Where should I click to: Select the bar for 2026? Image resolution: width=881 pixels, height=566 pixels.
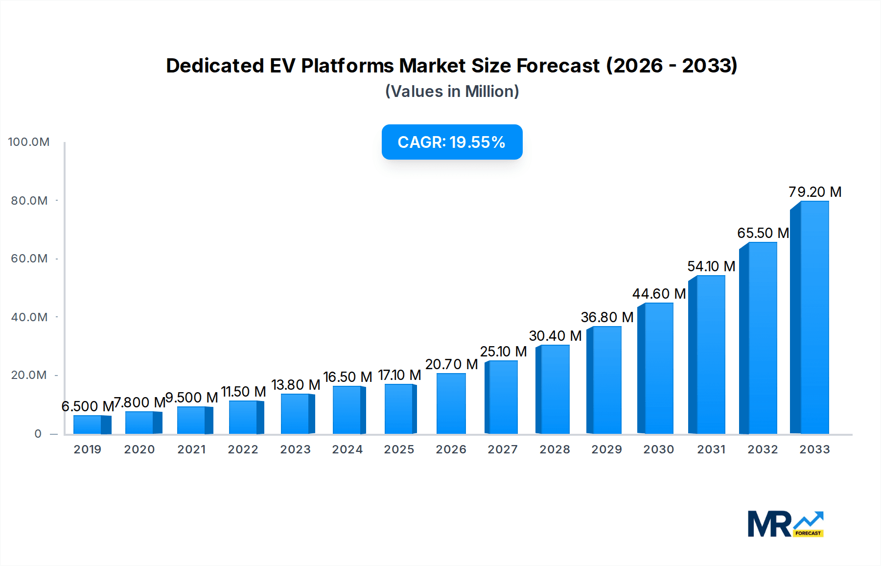click(x=451, y=403)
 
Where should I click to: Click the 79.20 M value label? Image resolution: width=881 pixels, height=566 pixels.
click(x=814, y=192)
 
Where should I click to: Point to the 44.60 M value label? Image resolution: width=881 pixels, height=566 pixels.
click(x=659, y=294)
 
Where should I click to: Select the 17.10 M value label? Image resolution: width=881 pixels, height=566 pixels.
click(x=399, y=375)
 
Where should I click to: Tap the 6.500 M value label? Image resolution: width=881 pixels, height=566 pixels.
click(x=87, y=406)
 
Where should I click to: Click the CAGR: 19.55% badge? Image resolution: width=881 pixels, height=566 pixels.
click(x=452, y=142)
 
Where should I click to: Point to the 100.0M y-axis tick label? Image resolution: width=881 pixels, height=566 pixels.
click(x=29, y=142)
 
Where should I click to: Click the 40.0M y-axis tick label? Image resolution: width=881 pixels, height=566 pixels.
click(x=29, y=317)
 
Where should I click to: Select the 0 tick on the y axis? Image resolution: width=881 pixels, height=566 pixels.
click(x=38, y=434)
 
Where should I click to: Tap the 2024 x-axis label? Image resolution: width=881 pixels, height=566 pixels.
click(x=347, y=449)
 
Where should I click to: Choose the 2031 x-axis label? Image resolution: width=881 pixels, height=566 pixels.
click(x=711, y=449)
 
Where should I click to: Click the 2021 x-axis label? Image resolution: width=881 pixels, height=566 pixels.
click(x=191, y=449)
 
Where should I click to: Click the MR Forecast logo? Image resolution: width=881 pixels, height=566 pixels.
click(x=785, y=524)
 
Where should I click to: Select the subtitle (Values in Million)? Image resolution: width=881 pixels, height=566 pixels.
click(x=452, y=92)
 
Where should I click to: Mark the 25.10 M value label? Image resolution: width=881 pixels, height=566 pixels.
click(x=503, y=352)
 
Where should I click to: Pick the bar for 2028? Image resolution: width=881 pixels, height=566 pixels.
click(x=554, y=389)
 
